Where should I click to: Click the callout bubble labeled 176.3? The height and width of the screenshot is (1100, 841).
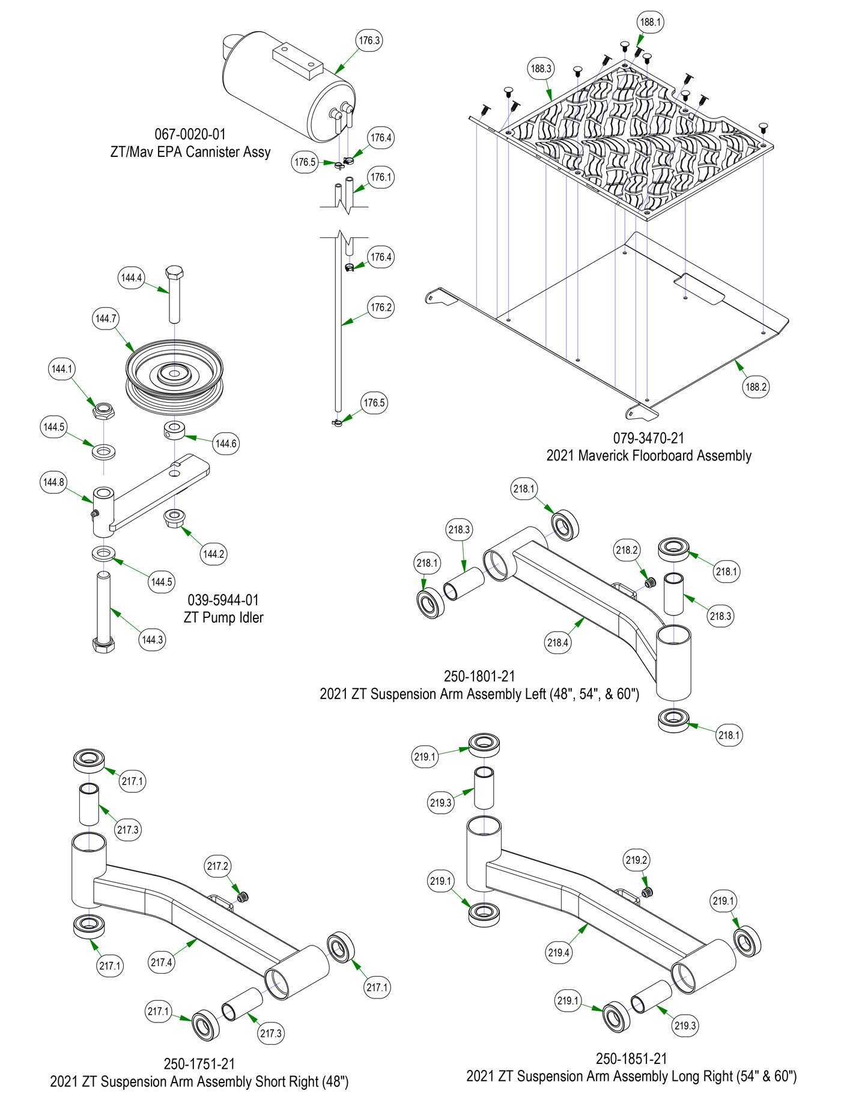click(369, 41)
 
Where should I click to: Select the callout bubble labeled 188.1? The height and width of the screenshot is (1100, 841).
click(650, 22)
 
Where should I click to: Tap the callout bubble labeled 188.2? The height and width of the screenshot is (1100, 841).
click(756, 387)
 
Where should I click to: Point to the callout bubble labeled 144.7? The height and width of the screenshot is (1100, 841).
click(106, 319)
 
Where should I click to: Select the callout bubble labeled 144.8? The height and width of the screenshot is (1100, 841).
click(53, 482)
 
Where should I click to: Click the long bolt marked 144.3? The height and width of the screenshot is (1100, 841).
click(104, 613)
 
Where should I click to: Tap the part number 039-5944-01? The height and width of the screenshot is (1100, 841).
click(223, 600)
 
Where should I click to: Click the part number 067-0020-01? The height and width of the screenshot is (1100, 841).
click(190, 134)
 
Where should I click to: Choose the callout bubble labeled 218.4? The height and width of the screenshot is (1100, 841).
click(557, 643)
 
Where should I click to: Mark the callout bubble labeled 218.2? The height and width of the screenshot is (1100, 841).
click(627, 550)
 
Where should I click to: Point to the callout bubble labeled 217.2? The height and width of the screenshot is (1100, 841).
click(217, 866)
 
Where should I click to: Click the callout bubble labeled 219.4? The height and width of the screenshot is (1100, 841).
click(559, 952)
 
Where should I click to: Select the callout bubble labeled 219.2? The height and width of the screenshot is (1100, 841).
click(636, 860)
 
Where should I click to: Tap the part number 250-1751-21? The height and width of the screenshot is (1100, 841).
click(199, 1064)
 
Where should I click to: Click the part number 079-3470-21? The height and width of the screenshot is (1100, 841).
click(649, 438)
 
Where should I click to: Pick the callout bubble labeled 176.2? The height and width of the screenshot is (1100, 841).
click(381, 308)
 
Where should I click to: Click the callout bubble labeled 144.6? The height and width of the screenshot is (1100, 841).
click(226, 444)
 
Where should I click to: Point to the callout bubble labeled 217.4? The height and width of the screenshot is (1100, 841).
click(162, 962)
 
